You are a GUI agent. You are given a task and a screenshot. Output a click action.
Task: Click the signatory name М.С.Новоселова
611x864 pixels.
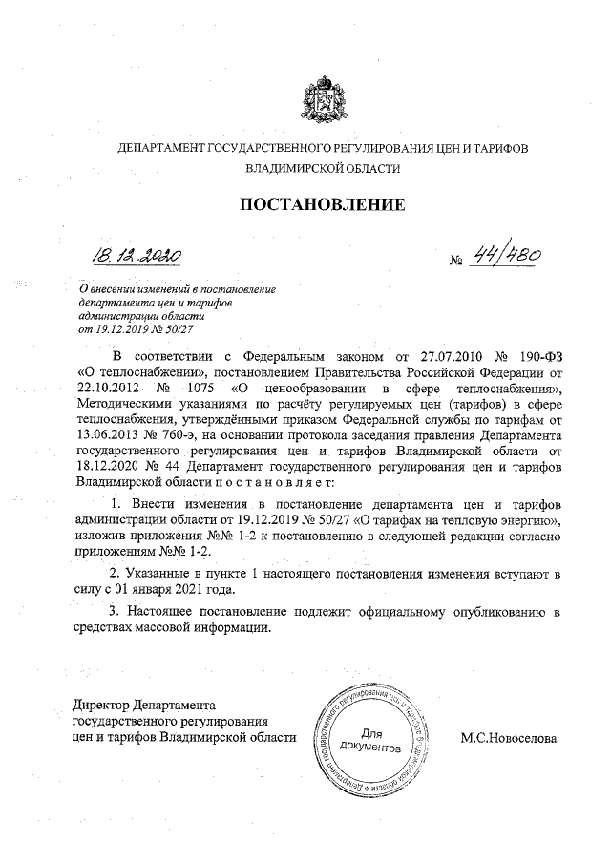coord(508,738)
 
